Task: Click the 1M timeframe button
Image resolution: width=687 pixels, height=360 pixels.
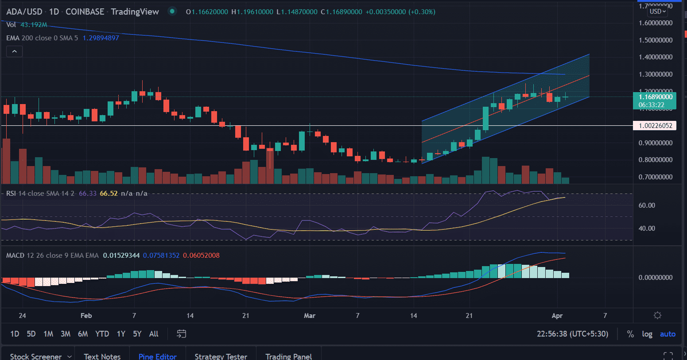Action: click(x=48, y=334)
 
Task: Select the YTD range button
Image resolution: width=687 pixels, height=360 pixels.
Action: click(x=102, y=334)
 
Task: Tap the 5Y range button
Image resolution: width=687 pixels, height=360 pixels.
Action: click(x=137, y=334)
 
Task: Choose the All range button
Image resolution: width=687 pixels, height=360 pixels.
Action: click(x=154, y=334)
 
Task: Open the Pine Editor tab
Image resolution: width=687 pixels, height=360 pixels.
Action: click(x=157, y=356)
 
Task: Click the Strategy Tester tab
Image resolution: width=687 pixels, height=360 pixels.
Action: click(x=221, y=356)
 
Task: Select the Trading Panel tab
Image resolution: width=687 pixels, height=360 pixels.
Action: click(x=288, y=356)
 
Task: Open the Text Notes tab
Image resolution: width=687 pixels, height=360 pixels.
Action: click(x=102, y=356)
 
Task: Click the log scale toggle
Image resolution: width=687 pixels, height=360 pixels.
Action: click(x=647, y=334)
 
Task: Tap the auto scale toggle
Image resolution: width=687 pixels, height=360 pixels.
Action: click(x=668, y=334)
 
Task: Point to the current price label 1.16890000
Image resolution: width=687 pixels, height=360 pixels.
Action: click(x=655, y=97)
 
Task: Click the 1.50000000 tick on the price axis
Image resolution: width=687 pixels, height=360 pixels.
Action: click(x=656, y=40)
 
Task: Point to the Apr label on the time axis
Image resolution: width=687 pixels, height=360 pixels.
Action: click(x=557, y=316)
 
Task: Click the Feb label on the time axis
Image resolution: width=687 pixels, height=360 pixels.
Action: click(x=86, y=316)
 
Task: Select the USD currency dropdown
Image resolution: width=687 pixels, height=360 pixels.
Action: click(x=658, y=12)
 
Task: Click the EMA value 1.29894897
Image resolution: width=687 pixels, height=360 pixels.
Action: click(x=101, y=38)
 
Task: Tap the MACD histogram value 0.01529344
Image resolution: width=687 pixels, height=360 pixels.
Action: click(x=121, y=255)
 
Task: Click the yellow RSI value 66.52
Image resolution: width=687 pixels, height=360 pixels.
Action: click(x=109, y=194)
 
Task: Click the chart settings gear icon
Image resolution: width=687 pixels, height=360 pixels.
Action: click(x=657, y=316)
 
